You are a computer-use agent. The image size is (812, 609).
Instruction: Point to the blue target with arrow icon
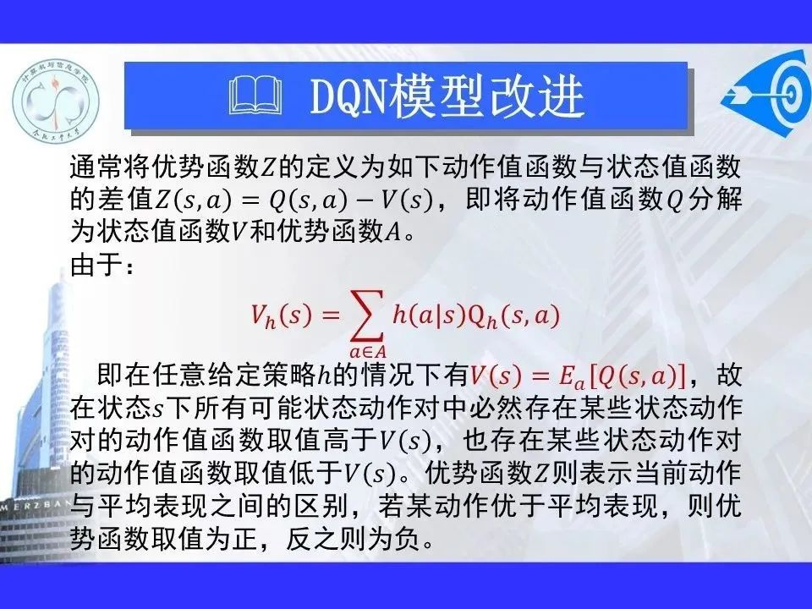point(767,93)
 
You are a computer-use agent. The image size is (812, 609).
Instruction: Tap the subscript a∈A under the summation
point(368,352)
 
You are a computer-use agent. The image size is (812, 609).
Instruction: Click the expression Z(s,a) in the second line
point(193,200)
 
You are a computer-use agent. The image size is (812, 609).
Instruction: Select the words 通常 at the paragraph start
point(96,167)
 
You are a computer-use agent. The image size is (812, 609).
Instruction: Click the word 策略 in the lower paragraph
point(289,375)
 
